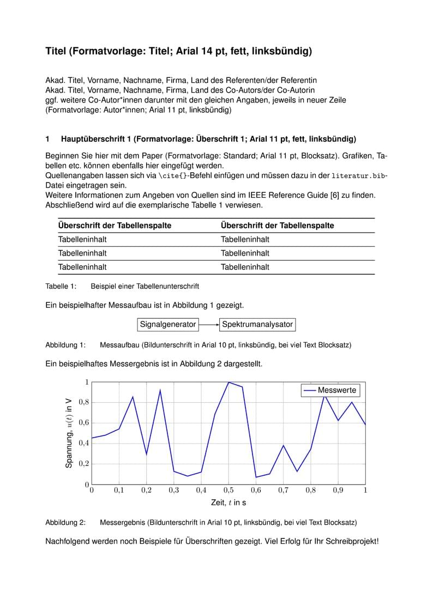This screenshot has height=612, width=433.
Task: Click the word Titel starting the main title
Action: click(x=56, y=52)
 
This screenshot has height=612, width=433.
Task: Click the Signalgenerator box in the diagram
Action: click(x=167, y=324)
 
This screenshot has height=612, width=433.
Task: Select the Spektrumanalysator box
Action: click(x=257, y=324)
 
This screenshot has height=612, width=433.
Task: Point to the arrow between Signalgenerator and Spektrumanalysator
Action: click(x=208, y=324)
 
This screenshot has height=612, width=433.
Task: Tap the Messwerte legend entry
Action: click(x=330, y=390)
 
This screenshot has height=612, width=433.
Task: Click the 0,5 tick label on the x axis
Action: click(x=228, y=490)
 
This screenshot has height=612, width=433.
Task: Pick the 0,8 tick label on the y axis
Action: click(x=83, y=402)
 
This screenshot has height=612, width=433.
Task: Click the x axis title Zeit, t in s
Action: click(x=228, y=502)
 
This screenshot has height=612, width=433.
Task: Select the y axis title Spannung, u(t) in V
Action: click(x=69, y=433)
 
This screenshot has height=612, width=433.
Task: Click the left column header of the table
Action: click(x=115, y=226)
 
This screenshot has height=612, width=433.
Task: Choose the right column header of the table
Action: click(x=277, y=226)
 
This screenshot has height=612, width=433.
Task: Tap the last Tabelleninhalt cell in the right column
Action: click(x=245, y=267)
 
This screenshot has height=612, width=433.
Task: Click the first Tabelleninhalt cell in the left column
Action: click(x=82, y=239)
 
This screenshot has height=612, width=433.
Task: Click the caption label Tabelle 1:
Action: click(x=61, y=286)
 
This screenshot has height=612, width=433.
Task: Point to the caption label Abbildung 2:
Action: click(x=65, y=523)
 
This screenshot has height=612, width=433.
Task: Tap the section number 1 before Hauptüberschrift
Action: click(x=47, y=139)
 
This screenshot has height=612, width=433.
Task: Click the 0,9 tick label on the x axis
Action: click(x=338, y=490)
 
